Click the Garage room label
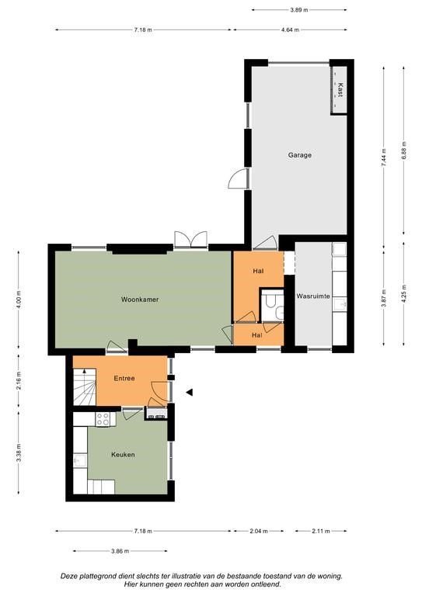point(299,155)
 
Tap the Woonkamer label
point(140,300)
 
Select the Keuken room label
point(123,455)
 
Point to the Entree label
point(124,378)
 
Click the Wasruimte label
point(313,296)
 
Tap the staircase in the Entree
point(84,386)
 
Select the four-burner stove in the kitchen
point(103,419)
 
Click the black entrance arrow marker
point(189,392)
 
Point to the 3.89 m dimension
point(298,10)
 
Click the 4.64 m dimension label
point(290,29)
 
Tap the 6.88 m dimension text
point(403,151)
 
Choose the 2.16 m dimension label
point(19,378)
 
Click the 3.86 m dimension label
point(120,551)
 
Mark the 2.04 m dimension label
point(259,531)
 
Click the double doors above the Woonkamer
point(190,240)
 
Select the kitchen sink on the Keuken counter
point(80,461)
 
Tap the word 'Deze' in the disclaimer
point(68,577)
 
